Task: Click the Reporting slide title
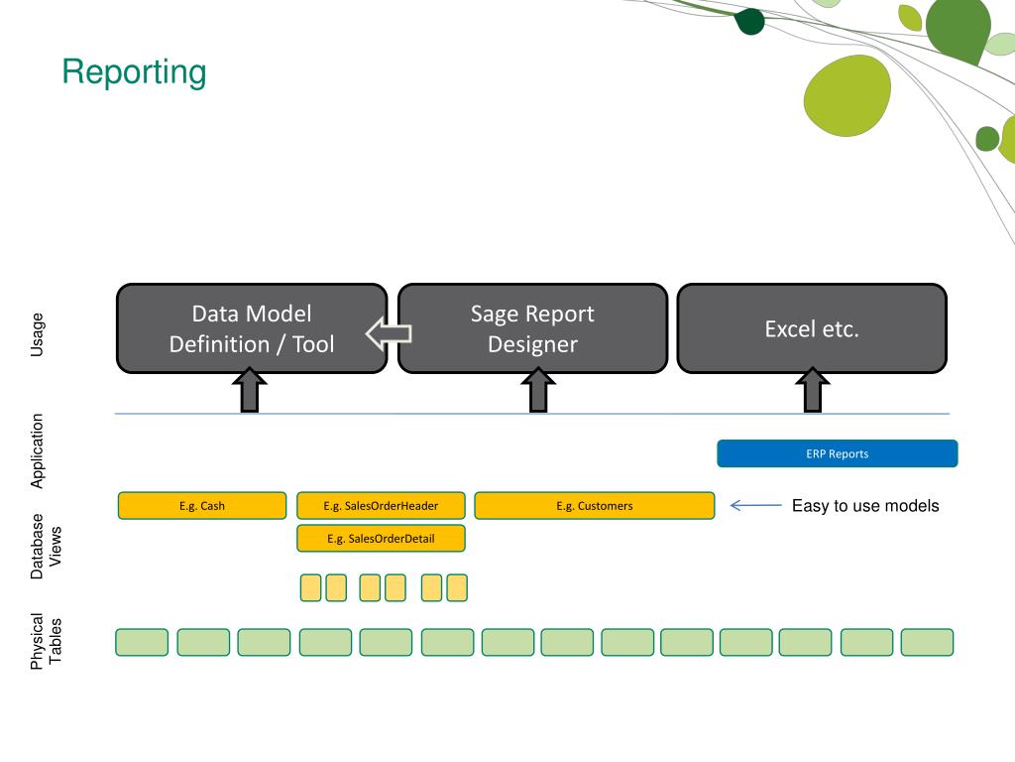pyautogui.click(x=134, y=71)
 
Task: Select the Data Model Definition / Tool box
pyautogui.click(x=252, y=328)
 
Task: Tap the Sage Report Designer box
pyautogui.click(x=532, y=328)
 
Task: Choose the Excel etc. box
pyautogui.click(x=812, y=328)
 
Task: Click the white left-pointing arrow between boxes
pyautogui.click(x=389, y=333)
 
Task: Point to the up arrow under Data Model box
pyautogui.click(x=249, y=389)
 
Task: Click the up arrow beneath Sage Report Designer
pyautogui.click(x=538, y=389)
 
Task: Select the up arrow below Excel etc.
pyautogui.click(x=813, y=389)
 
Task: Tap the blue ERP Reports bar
pyautogui.click(x=837, y=453)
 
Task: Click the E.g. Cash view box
pyautogui.click(x=202, y=505)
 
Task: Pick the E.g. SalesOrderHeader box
pyautogui.click(x=381, y=505)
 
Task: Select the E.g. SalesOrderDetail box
pyautogui.click(x=381, y=539)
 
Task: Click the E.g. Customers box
pyautogui.click(x=595, y=505)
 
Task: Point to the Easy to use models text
pyautogui.click(x=865, y=505)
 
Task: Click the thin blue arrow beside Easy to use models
pyautogui.click(x=755, y=505)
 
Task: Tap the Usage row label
pyautogui.click(x=37, y=334)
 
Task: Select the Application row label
pyautogui.click(x=37, y=451)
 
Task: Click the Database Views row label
pyautogui.click(x=46, y=547)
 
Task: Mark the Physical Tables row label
pyautogui.click(x=46, y=641)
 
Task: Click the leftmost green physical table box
pyautogui.click(x=142, y=642)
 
